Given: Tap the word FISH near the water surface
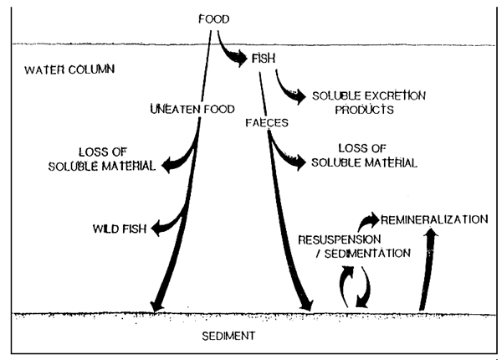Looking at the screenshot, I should click(x=263, y=59).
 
